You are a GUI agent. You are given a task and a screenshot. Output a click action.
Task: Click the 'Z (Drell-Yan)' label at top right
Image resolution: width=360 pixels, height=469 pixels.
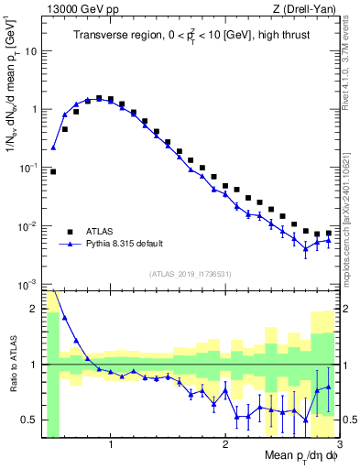(x=307, y=9)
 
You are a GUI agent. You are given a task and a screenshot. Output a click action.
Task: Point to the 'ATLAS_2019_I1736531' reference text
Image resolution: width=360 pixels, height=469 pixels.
(x=190, y=274)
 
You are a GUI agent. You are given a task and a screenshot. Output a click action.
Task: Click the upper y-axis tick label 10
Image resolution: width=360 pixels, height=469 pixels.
(x=32, y=50)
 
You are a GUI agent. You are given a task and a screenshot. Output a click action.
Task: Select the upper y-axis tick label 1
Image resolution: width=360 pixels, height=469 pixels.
(x=35, y=109)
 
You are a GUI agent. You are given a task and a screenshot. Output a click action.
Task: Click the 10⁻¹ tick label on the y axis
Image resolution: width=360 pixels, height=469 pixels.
(x=30, y=168)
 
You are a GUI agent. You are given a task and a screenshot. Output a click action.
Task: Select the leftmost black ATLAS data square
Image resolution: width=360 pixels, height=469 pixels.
(x=53, y=171)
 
